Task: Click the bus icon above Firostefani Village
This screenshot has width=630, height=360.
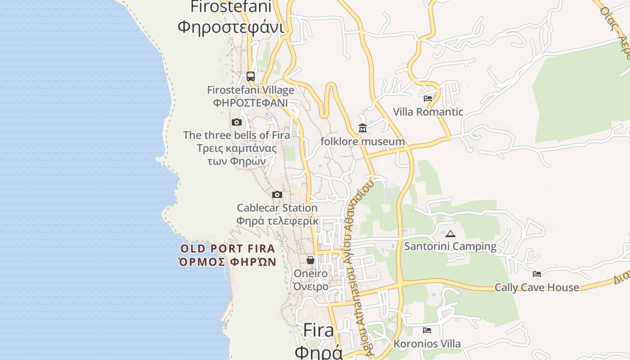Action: [251, 76]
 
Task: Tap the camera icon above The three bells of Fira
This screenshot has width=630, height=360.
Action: [237, 122]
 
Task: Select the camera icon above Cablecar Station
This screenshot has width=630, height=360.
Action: [277, 195]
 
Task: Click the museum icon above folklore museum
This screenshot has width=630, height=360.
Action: [363, 128]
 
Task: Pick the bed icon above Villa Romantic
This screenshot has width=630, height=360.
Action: [428, 98]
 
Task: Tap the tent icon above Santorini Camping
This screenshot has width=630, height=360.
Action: [450, 234]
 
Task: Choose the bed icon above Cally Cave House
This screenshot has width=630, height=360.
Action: [537, 274]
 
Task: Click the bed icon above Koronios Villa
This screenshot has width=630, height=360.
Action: [427, 330]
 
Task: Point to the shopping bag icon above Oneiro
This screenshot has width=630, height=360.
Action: [310, 260]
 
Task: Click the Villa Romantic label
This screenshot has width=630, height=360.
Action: [428, 112]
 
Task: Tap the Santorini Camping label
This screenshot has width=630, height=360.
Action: [450, 247]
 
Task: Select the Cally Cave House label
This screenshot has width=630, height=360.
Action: [537, 288]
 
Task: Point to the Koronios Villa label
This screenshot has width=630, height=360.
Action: [427, 344]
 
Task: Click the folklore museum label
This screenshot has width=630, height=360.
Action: [363, 142]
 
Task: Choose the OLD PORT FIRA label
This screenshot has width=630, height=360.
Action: [228, 248]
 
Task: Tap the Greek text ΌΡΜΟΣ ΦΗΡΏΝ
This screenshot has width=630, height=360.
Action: [227, 262]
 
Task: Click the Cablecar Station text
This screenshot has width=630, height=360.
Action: [277, 208]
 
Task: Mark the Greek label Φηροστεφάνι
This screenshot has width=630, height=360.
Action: [231, 27]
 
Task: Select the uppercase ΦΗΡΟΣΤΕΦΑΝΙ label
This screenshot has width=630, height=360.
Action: [250, 103]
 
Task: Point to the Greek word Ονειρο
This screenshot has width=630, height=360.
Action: [311, 287]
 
